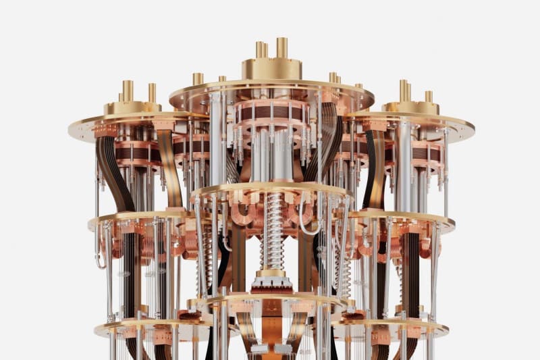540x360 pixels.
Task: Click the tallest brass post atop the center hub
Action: coord(281,47)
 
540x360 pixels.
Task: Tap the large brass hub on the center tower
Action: coord(271,69)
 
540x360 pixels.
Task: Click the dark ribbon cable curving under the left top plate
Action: coord(111,162)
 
